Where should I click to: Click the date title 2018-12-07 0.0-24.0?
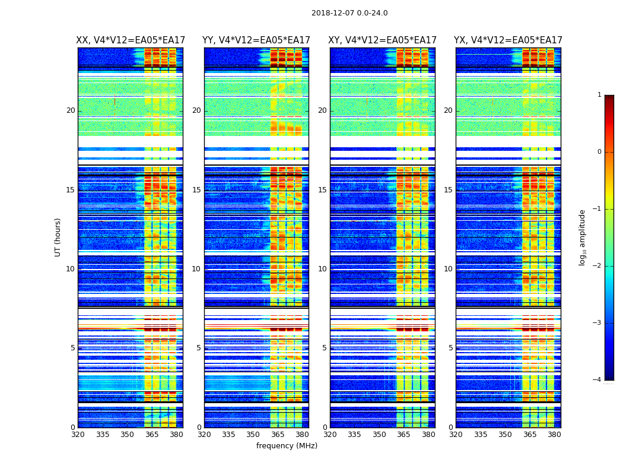tap(349, 13)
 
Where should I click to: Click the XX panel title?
tap(131, 40)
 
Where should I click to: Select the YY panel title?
tap(256, 40)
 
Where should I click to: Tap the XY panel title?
tap(383, 40)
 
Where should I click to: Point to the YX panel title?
tap(508, 40)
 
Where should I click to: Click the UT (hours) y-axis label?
tap(58, 237)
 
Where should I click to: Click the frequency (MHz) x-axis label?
tap(287, 446)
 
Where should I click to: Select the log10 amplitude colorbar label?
tap(583, 237)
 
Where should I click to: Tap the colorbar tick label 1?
tap(599, 95)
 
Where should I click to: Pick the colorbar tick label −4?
tap(597, 380)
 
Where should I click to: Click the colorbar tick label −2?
tap(597, 266)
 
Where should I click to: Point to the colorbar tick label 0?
tap(599, 152)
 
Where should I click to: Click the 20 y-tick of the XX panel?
tap(71, 110)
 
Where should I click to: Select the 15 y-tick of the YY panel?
tap(196, 190)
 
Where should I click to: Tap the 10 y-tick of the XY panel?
tap(322, 269)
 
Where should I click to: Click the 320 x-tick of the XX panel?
tap(78, 435)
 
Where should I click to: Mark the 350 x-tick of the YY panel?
tap(253, 435)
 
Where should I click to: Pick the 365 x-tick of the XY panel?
tap(404, 435)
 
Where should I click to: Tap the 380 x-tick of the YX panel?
tap(554, 435)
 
